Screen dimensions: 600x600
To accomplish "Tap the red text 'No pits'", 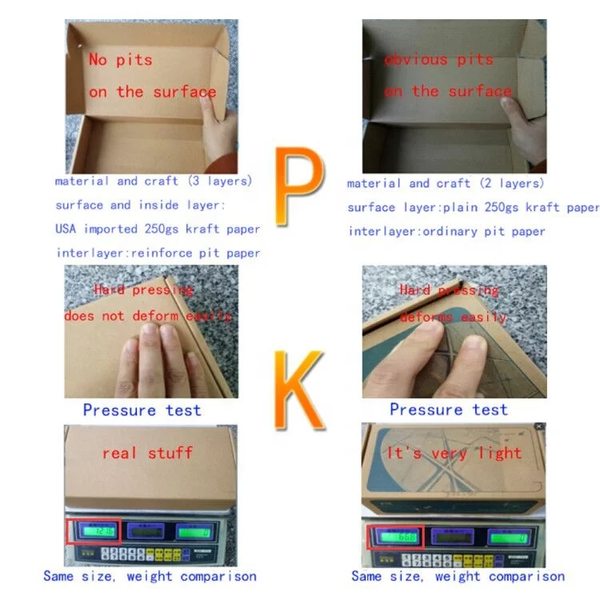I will point(120,59).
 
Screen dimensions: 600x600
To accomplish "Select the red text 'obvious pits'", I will point(438,60).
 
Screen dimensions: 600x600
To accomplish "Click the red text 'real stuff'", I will point(147,453).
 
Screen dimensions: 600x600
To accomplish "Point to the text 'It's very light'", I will point(454,453).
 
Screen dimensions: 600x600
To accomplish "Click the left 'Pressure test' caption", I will point(142,410).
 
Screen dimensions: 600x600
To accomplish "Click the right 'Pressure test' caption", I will point(448,410).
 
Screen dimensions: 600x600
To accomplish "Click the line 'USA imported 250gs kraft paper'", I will point(158,229).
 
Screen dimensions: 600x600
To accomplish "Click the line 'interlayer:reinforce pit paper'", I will point(158,253).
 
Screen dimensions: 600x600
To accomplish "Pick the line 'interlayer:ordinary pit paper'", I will point(446,231).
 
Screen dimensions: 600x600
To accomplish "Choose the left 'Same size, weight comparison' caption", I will point(150,576).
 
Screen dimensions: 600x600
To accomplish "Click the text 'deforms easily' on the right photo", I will point(453,317).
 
